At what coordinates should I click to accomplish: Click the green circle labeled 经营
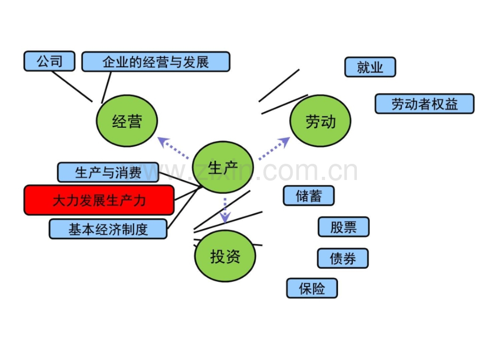(127, 121)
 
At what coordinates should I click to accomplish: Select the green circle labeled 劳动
(320, 121)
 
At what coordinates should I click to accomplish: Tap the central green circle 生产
(223, 167)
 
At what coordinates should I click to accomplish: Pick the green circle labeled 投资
(225, 256)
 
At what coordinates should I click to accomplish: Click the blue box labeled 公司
(49, 61)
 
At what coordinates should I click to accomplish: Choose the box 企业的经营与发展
(156, 62)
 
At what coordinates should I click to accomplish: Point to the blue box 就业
(370, 67)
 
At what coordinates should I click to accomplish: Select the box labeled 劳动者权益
(425, 104)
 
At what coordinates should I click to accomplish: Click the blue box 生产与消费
(108, 172)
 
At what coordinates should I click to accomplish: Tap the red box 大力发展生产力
(99, 200)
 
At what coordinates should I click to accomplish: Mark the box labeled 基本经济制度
(108, 229)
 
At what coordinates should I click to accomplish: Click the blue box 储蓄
(308, 196)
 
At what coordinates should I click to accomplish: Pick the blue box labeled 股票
(343, 227)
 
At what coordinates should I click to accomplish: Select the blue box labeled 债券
(343, 258)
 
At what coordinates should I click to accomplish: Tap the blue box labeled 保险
(312, 288)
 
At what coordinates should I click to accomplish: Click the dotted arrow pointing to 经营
(173, 148)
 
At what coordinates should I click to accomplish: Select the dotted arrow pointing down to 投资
(225, 211)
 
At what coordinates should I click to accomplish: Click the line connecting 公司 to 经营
(72, 86)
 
